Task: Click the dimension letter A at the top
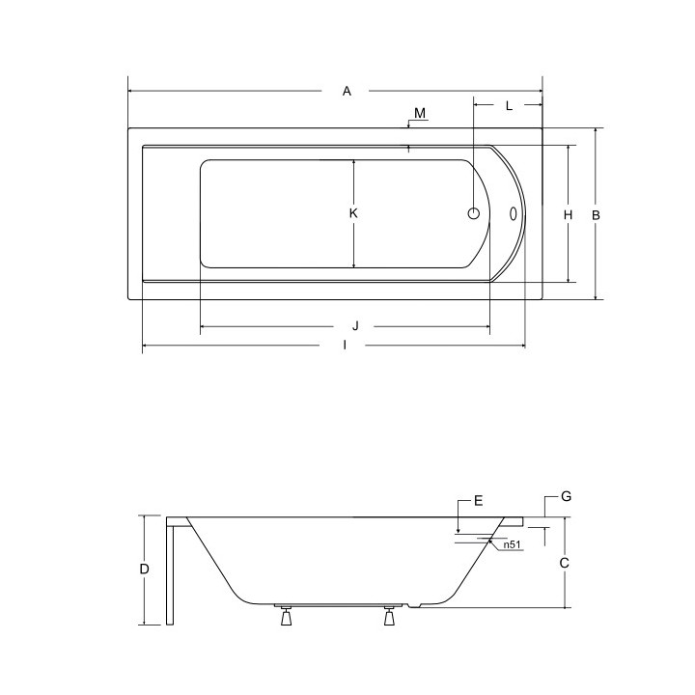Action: coord(347,91)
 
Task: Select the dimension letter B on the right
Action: coord(596,215)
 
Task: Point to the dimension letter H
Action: coord(569,215)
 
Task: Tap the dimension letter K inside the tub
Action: coord(354,213)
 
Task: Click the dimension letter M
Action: coord(420,114)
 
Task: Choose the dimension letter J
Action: coord(355,326)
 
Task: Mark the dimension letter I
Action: coord(345,347)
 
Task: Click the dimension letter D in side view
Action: coord(144,570)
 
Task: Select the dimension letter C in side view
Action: coord(566,562)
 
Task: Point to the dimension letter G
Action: coord(567,496)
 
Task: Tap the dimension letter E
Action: coord(477,501)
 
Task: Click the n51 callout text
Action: coord(513,545)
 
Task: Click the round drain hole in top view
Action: coord(475,214)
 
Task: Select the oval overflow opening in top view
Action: coord(514,214)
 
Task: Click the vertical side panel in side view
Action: coord(172,571)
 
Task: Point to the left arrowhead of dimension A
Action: coord(131,91)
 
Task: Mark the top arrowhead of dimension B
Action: coord(596,131)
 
